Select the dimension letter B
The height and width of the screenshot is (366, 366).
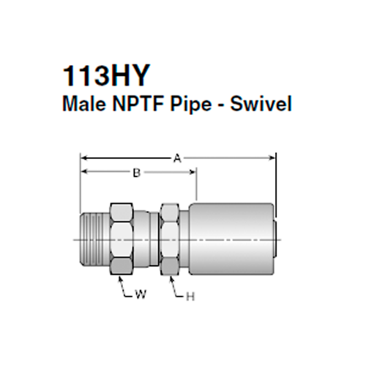tap(136, 173)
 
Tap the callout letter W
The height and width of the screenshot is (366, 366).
tap(141, 296)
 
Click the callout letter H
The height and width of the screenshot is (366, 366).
tap(190, 296)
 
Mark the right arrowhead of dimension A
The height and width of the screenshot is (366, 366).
tap(272, 156)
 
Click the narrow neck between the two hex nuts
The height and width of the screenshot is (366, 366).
tap(149, 239)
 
